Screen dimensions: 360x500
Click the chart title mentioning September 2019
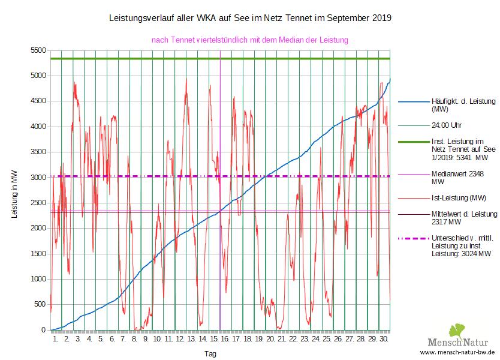click(250, 18)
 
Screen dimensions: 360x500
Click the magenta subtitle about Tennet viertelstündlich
click(250, 40)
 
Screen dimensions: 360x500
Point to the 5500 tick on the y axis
click(38, 50)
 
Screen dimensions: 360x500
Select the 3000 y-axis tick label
click(38, 178)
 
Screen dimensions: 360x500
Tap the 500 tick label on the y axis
click(40, 305)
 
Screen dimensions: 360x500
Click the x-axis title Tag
click(210, 354)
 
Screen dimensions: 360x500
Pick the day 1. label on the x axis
click(56, 339)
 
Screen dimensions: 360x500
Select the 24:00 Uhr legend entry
click(447, 127)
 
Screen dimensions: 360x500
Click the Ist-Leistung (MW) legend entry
click(459, 197)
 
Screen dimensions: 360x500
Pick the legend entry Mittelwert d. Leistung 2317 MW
click(463, 217)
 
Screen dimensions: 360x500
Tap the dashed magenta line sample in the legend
click(412, 239)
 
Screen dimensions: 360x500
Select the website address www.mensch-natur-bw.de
click(457, 352)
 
